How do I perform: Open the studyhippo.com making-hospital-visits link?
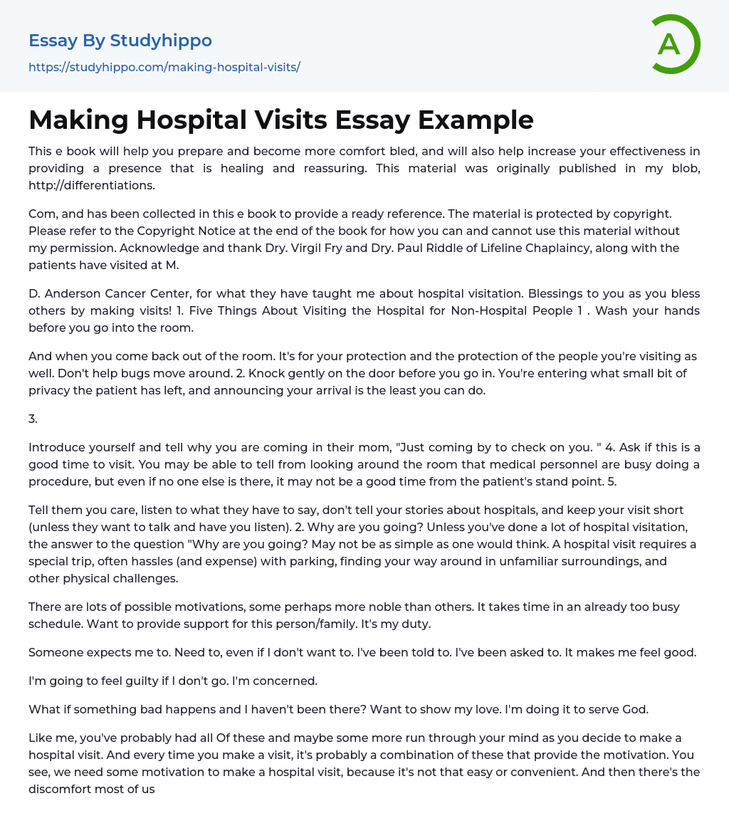pos(164,67)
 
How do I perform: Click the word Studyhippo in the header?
pos(161,41)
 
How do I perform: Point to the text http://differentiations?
pos(92,185)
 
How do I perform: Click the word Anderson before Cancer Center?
pos(75,293)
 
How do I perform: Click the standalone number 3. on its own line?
pos(33,419)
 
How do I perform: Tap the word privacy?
pos(51,390)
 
